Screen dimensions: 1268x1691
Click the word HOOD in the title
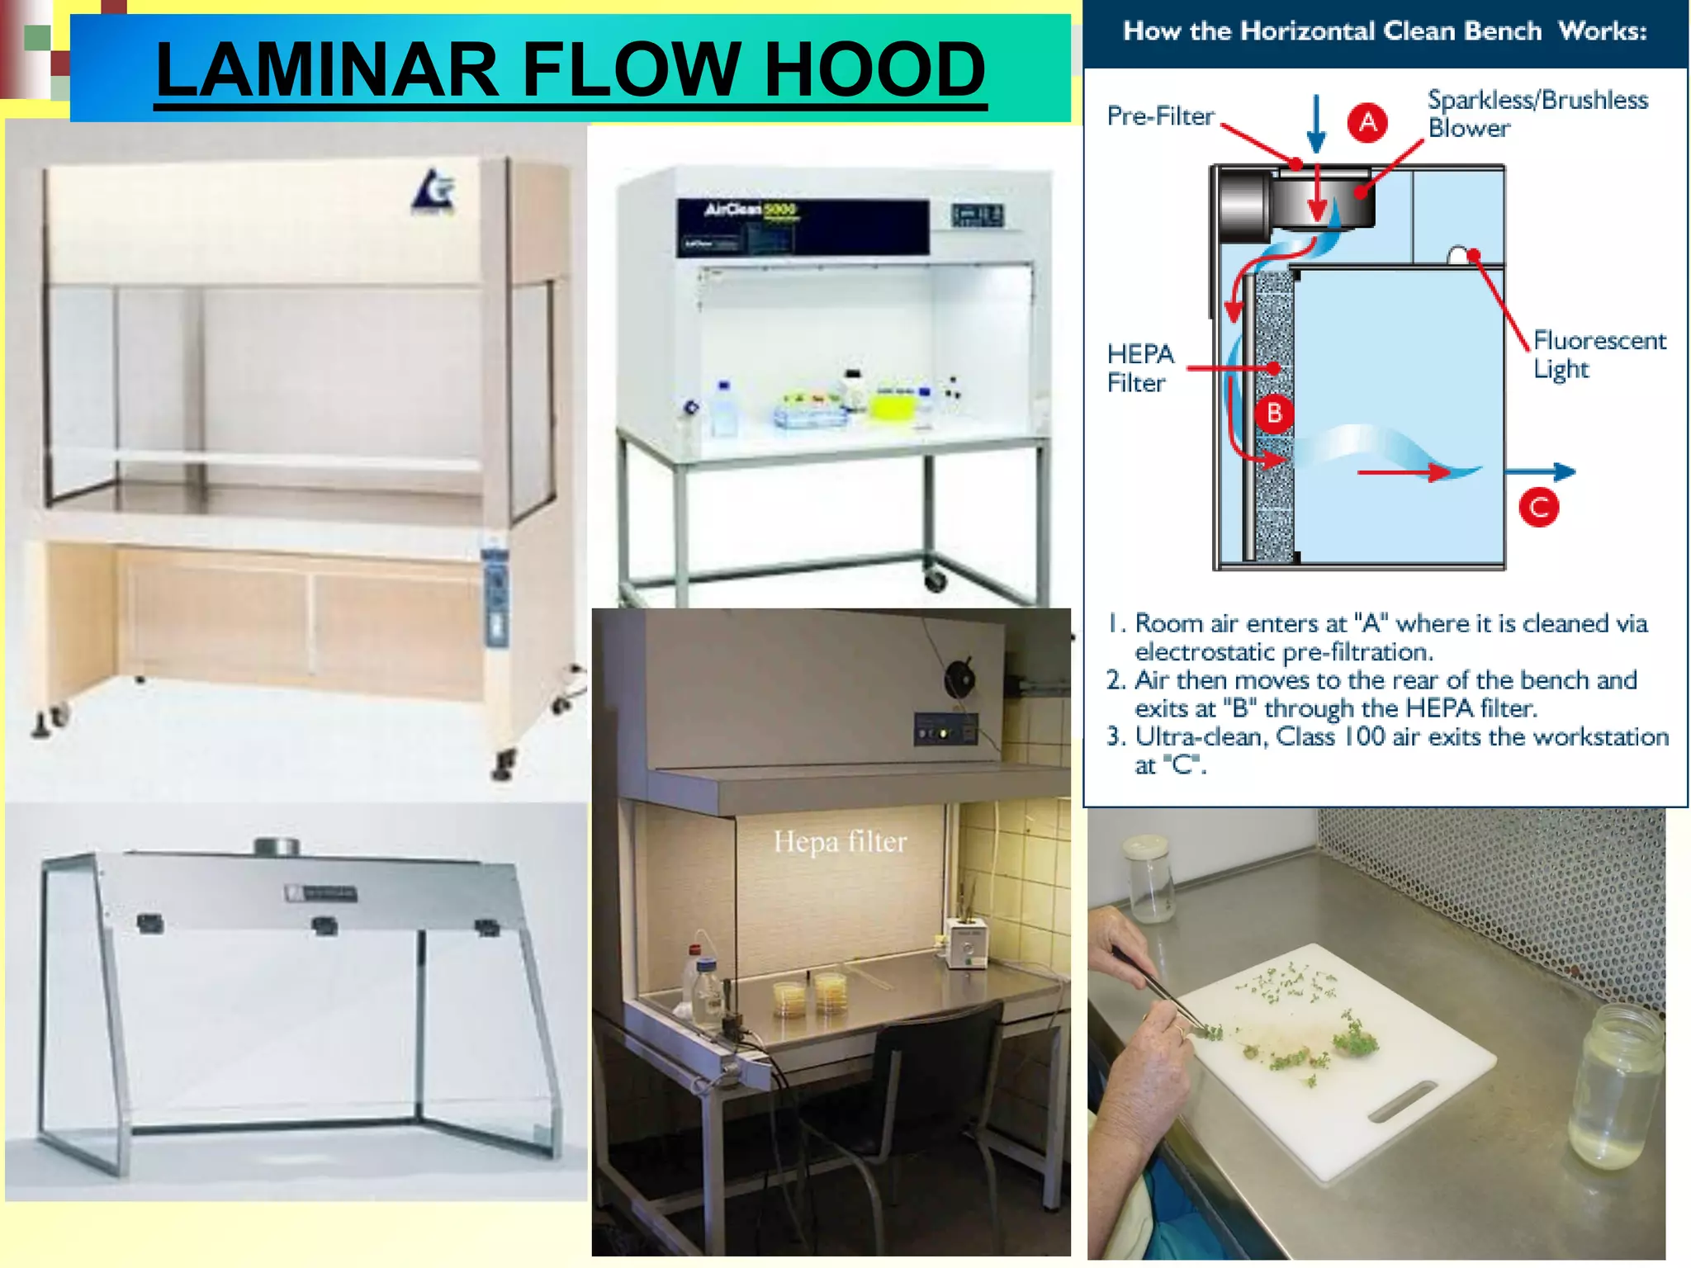(874, 69)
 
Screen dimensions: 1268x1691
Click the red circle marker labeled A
(1367, 122)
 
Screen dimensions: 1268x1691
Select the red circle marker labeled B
(1274, 413)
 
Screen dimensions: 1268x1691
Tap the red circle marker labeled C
(1539, 507)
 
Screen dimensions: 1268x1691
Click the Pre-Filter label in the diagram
(1160, 116)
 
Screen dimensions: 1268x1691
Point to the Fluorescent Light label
(1599, 354)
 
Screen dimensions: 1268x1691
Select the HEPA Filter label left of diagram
(1139, 368)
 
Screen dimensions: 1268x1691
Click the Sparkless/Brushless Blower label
(1537, 114)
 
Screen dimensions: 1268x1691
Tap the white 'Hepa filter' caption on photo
(840, 842)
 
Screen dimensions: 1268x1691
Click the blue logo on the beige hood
(433, 192)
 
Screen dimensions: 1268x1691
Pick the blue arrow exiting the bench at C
(1541, 472)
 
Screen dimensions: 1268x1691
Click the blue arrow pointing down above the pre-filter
(1316, 124)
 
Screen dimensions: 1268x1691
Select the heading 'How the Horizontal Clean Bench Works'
(1385, 31)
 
